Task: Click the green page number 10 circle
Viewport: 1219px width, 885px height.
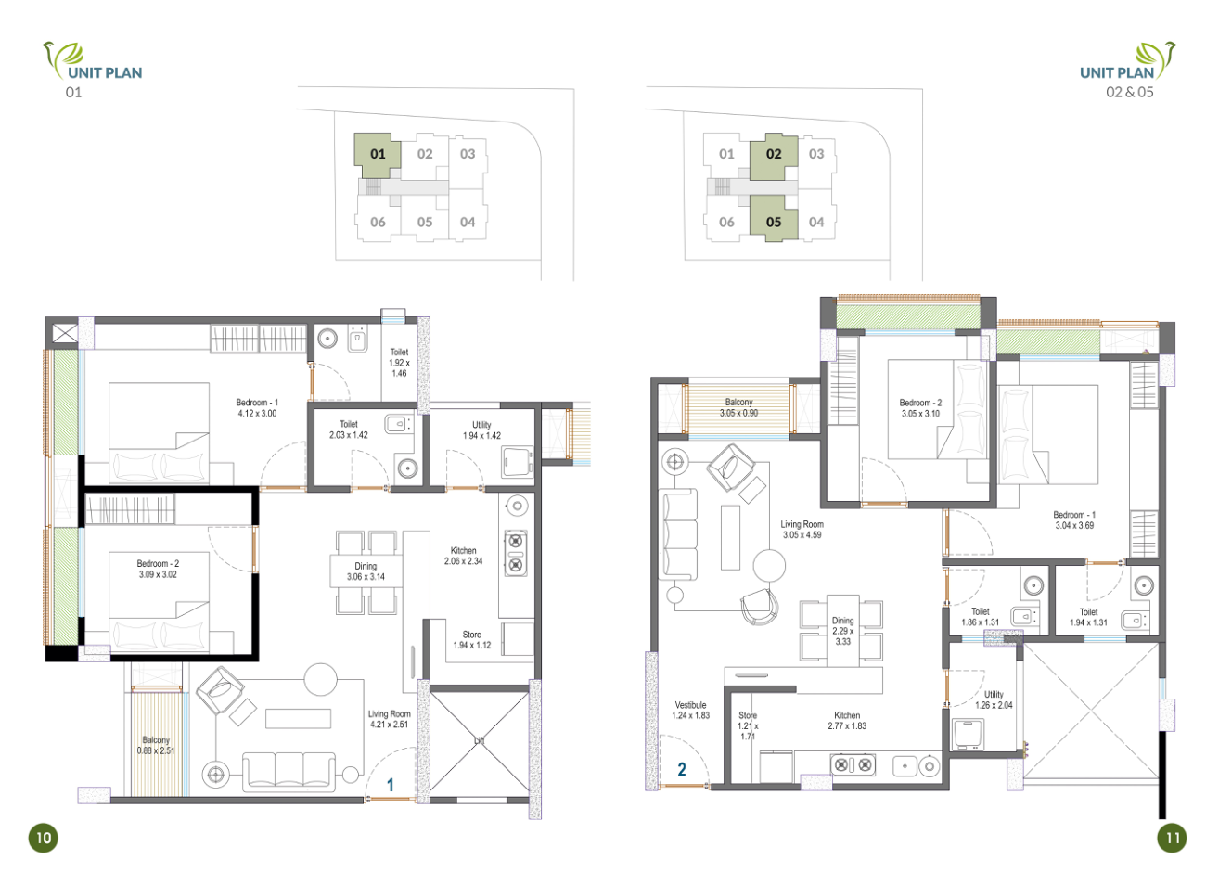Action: (43, 838)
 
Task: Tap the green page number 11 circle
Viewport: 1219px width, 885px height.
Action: (1172, 838)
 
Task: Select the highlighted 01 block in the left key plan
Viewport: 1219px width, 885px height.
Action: (377, 155)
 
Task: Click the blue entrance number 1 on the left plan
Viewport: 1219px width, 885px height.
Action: (391, 785)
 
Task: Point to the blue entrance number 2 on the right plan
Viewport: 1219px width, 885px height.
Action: (682, 770)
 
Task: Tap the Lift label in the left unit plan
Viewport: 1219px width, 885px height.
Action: (479, 741)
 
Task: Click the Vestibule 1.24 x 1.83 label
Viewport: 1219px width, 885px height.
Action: (690, 711)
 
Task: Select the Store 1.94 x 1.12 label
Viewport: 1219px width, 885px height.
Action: (472, 639)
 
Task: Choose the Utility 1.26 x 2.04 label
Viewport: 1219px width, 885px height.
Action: (994, 700)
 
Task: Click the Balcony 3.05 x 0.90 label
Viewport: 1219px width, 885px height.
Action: (738, 407)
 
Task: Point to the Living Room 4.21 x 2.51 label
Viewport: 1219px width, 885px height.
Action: (389, 719)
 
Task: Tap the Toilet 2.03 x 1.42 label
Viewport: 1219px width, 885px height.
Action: (348, 430)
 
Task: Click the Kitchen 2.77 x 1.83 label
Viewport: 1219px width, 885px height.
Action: (847, 721)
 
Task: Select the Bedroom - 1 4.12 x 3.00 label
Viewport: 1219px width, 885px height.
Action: (257, 407)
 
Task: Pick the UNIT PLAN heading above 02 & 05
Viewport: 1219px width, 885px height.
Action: (1117, 73)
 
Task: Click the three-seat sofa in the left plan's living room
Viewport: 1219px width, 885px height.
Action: (289, 772)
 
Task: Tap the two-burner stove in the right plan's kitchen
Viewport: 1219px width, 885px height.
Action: (853, 765)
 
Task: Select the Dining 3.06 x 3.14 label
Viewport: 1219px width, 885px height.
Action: (366, 571)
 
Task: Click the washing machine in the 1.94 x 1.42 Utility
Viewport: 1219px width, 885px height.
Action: (517, 462)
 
